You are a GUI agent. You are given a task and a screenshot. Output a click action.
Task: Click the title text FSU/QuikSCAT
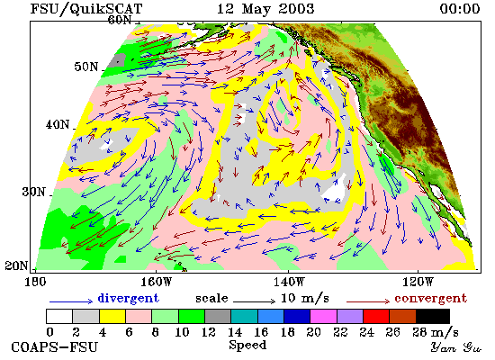86,8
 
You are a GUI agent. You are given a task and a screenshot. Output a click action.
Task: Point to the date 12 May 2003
265,8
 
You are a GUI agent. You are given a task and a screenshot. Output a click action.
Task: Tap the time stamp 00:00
460,8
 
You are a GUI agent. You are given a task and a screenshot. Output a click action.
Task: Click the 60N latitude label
120,20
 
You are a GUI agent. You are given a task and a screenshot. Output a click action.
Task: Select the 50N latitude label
86,67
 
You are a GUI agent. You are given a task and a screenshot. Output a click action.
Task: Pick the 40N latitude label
57,125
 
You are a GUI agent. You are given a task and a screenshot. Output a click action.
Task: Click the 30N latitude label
33,192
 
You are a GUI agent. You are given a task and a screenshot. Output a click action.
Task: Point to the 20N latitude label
16,265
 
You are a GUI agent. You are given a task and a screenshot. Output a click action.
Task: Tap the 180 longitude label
35,282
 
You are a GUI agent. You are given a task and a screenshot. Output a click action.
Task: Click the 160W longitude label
156,282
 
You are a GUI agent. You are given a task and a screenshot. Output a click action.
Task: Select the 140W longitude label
289,282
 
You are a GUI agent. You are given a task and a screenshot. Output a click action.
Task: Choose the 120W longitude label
418,282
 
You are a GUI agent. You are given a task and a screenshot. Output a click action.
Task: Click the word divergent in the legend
128,298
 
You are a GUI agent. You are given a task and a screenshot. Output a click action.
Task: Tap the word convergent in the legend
430,299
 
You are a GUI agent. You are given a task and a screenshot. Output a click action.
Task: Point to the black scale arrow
255,301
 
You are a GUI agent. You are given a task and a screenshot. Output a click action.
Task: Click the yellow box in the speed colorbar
112,317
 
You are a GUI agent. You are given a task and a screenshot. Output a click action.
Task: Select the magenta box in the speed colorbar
324,317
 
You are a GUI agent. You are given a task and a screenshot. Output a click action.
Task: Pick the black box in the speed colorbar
433,317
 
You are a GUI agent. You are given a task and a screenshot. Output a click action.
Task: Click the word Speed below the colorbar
247,345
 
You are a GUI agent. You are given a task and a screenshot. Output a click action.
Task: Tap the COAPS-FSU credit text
54,347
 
